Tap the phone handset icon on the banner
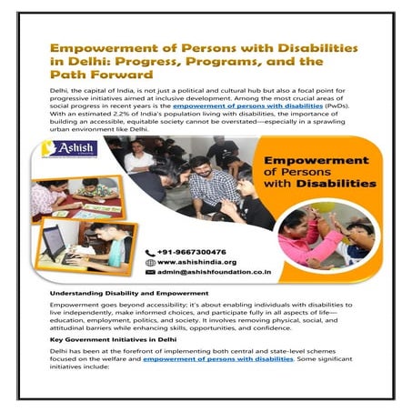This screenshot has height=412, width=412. click(x=150, y=252)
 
